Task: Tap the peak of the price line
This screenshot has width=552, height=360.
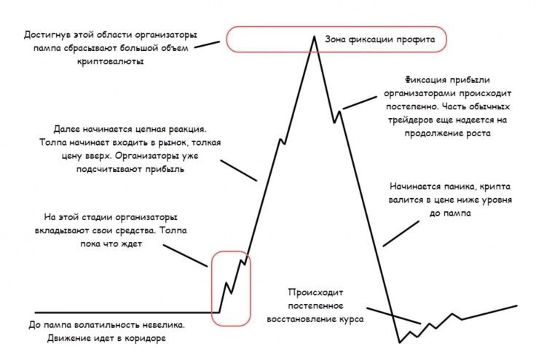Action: pos(314,35)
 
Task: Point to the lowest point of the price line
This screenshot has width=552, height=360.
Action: pos(399,341)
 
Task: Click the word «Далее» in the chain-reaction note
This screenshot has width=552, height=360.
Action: pos(64,128)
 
